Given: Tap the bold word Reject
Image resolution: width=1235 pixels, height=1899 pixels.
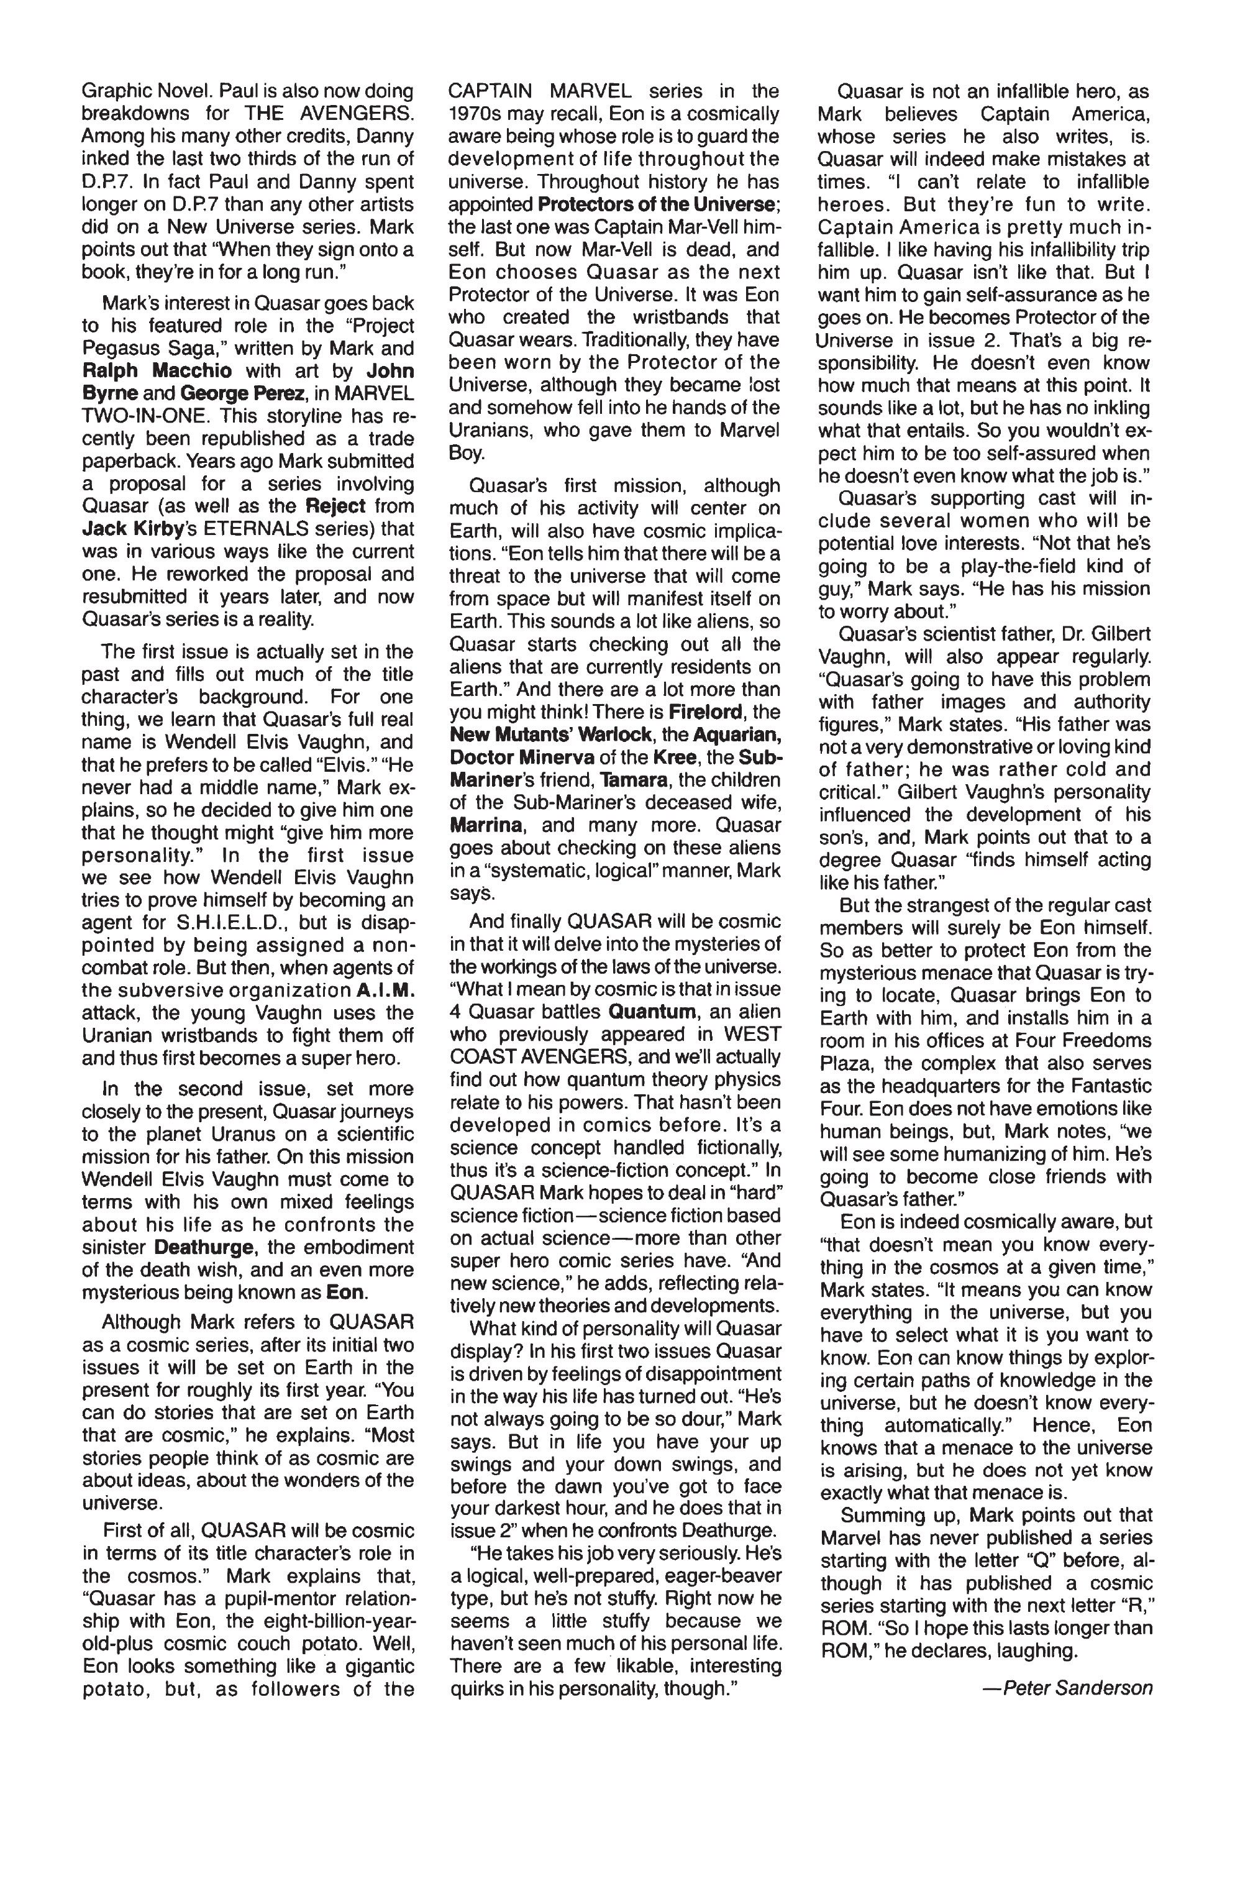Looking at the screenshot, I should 335,506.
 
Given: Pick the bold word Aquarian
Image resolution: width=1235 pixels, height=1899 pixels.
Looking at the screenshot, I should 735,734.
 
